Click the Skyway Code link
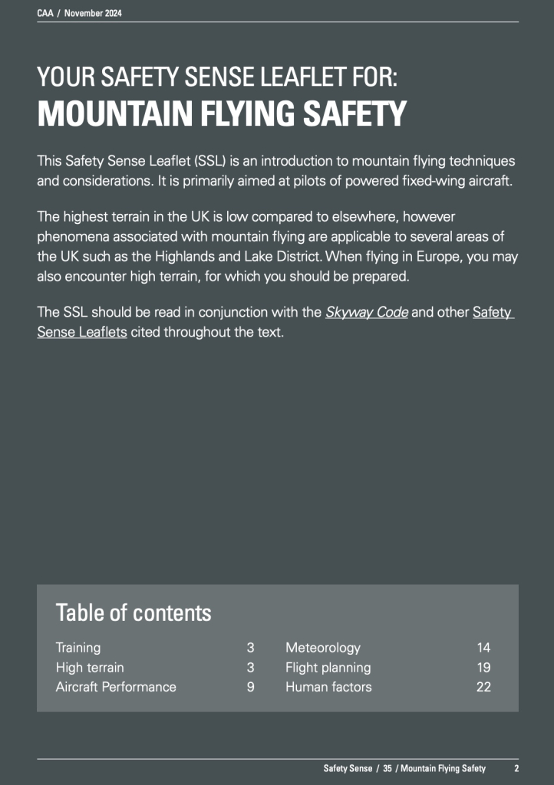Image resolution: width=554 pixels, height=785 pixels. point(367,313)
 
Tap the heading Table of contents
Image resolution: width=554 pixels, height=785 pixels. point(133,613)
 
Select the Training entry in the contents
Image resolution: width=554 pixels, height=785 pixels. point(78,648)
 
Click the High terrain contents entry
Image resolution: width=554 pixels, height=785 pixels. point(90,668)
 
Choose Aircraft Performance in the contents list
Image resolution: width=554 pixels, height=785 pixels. point(116,687)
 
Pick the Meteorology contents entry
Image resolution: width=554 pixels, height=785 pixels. point(322,648)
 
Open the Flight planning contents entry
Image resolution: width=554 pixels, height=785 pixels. point(328,668)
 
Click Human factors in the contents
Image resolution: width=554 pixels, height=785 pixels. point(328,687)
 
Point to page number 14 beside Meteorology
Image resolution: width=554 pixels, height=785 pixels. point(483,648)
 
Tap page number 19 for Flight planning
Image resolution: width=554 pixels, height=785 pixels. point(483,668)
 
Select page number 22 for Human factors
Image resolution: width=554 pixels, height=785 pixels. point(483,687)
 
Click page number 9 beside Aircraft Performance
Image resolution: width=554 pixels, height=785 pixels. point(250,687)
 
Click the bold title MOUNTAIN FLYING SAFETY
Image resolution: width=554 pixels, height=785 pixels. point(222,115)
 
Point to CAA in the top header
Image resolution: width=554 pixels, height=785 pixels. point(45,14)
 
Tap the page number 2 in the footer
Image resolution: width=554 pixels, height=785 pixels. point(516,768)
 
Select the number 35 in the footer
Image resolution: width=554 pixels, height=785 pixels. point(387,768)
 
